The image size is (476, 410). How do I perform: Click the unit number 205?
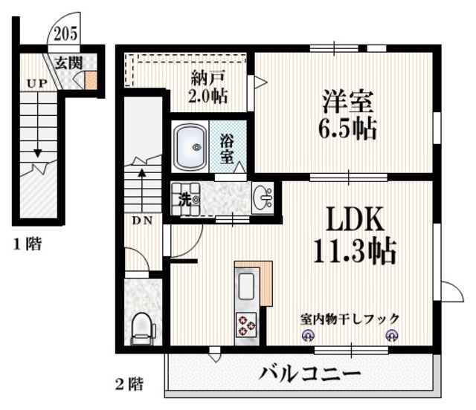65,33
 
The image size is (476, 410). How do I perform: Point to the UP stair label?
36,83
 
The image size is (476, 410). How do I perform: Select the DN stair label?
143,221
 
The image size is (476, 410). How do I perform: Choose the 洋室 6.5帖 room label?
348,114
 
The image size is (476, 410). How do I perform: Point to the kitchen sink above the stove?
247,285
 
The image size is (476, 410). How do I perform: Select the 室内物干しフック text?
350,318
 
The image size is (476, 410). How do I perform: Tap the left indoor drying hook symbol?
307,335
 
